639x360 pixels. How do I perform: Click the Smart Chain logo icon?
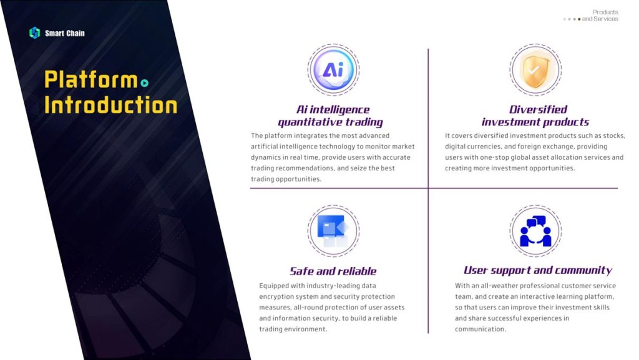tap(35, 32)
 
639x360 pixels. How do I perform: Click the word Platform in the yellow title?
tap(91, 79)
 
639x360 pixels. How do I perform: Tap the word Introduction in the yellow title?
tap(111, 105)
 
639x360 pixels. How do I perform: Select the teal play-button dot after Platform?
tap(144, 83)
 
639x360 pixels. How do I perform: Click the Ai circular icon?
tap(333, 70)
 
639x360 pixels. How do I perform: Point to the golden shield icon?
tap(535, 70)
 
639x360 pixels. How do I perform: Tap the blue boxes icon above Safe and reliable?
tap(333, 231)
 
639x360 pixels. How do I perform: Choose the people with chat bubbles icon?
tap(535, 231)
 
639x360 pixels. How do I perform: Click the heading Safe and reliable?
tap(333, 271)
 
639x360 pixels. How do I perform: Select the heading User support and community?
tap(538, 270)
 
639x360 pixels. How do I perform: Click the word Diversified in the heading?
tap(538, 109)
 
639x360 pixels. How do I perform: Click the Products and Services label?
tap(600, 16)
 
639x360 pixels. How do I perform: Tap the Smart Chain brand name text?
tap(65, 34)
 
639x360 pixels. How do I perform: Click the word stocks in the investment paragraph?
tap(613, 135)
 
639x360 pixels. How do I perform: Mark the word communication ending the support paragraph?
tap(480, 329)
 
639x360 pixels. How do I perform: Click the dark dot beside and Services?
tap(579, 19)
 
